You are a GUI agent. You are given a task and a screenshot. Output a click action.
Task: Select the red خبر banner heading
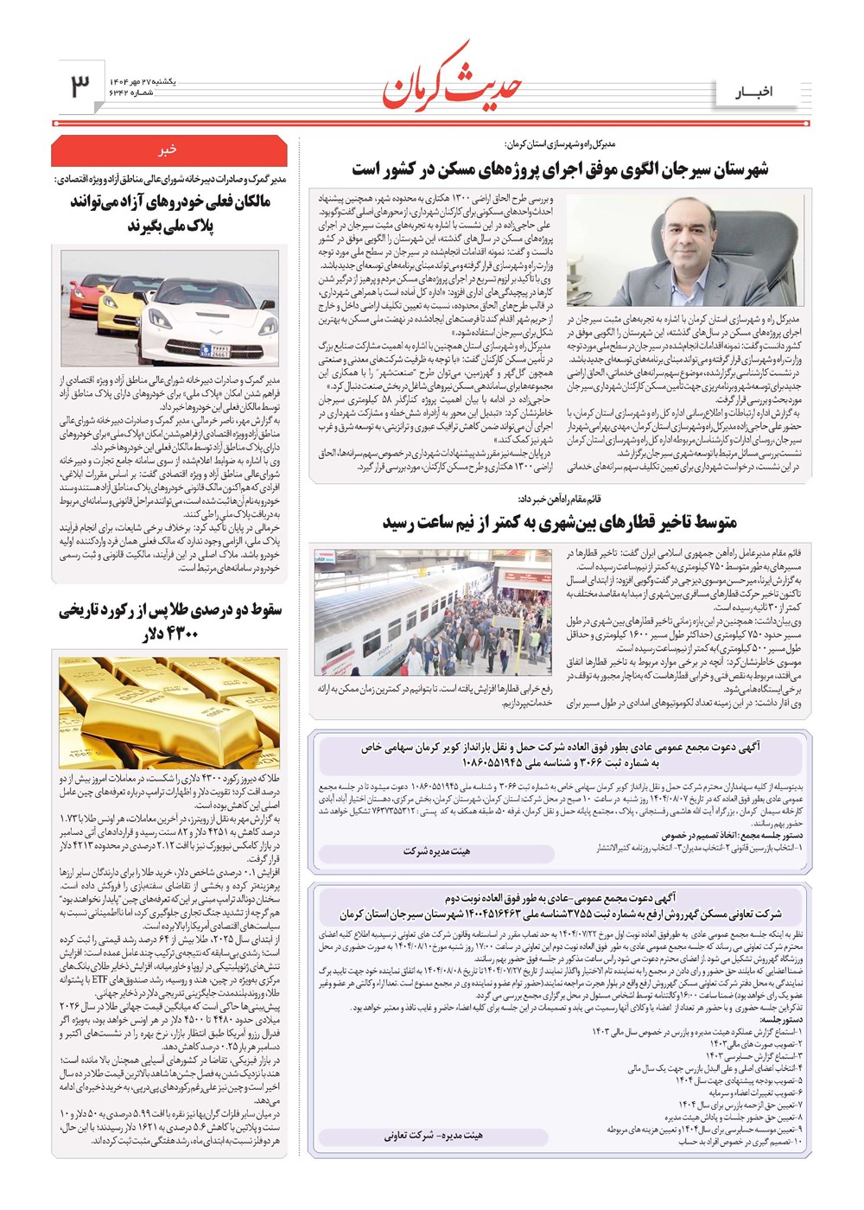click(x=168, y=150)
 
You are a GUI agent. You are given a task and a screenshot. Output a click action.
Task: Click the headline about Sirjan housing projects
click(x=560, y=169)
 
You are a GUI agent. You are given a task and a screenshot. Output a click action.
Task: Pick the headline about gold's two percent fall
click(x=169, y=621)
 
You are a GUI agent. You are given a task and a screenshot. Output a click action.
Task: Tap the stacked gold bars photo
click(x=169, y=711)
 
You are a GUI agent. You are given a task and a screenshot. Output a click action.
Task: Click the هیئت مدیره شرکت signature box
click(x=437, y=851)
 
